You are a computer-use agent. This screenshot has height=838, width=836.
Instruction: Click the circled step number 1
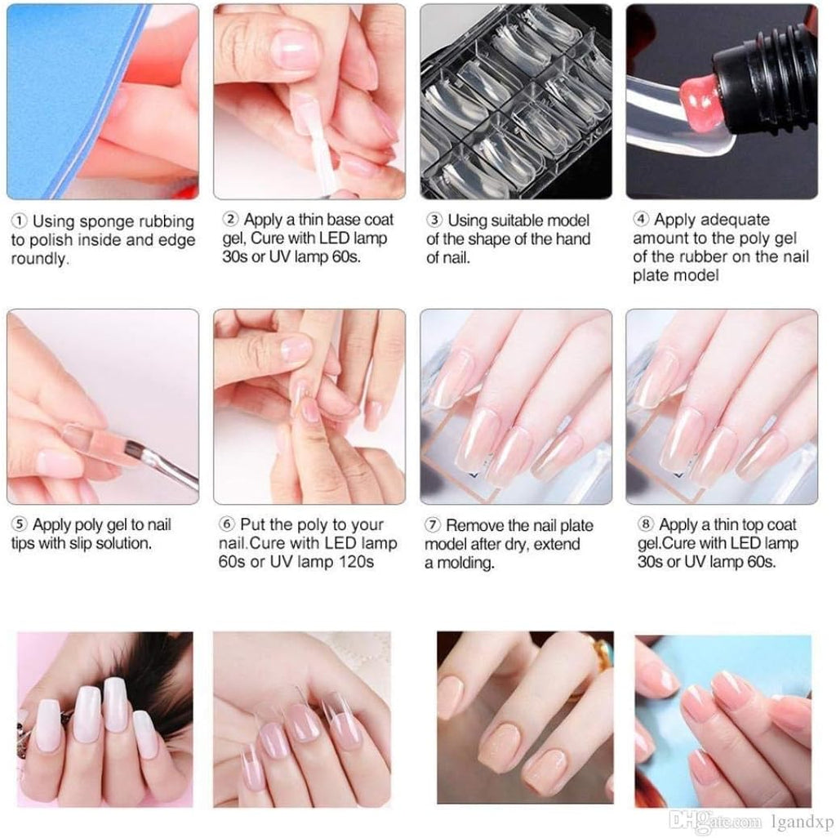[x=20, y=221]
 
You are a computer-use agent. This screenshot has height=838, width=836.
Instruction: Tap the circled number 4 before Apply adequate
[x=642, y=220]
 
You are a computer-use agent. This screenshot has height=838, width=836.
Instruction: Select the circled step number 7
[x=434, y=526]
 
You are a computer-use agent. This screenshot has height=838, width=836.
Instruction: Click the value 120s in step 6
[x=354, y=562]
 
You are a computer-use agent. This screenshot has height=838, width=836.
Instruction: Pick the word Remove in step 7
[x=474, y=526]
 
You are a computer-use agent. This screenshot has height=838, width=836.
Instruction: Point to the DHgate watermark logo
[x=696, y=822]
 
